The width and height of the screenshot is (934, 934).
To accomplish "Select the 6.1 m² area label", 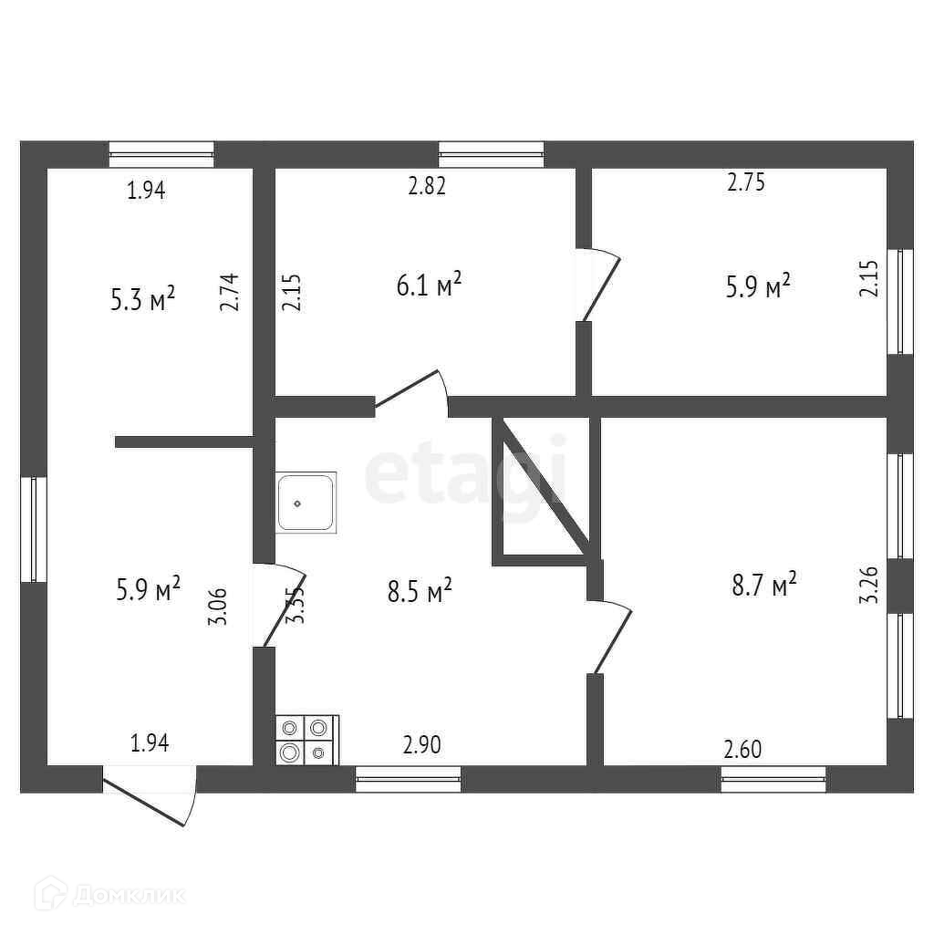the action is pos(428,285).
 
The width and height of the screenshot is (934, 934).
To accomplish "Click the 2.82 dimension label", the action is pos(427,187).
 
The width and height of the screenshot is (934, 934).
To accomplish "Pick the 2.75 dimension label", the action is pos(745,182).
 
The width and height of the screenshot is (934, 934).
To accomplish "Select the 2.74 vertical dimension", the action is pos(229,293).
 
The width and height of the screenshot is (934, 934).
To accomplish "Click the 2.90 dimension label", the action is pos(421,745).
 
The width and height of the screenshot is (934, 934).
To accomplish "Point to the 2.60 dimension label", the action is pos(742,750).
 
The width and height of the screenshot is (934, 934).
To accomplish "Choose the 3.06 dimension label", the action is pos(216,606).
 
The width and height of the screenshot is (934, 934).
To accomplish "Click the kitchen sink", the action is pos(306,502).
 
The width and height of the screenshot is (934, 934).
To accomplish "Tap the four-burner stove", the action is pos(306,739).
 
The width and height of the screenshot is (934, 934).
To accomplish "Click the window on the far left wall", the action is pos(34,529).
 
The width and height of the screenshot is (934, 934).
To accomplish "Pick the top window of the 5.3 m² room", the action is pos(161,154).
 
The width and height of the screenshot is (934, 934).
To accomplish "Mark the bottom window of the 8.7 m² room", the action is pos(773,778).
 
